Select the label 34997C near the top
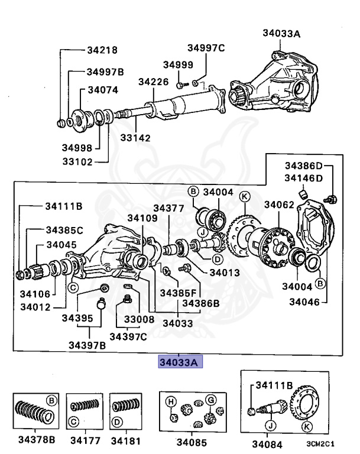[x=206, y=48]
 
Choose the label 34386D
[x=304, y=166]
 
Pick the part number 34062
[x=279, y=205]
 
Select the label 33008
[x=139, y=319]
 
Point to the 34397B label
[x=86, y=345]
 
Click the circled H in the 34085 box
[x=170, y=401]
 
